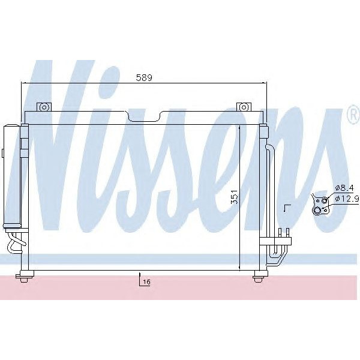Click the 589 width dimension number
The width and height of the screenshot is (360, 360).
(x=144, y=77)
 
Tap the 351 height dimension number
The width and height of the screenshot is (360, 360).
(x=233, y=198)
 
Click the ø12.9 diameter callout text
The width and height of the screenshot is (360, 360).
(x=346, y=199)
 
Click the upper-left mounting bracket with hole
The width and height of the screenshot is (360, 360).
(x=43, y=107)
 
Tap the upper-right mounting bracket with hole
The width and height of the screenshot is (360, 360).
(x=243, y=107)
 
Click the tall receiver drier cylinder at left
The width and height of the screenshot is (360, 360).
(x=12, y=174)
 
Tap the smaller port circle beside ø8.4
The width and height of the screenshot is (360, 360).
(x=324, y=200)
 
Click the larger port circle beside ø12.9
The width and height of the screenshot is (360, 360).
(x=318, y=209)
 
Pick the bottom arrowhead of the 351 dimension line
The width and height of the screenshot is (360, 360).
(x=240, y=266)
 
